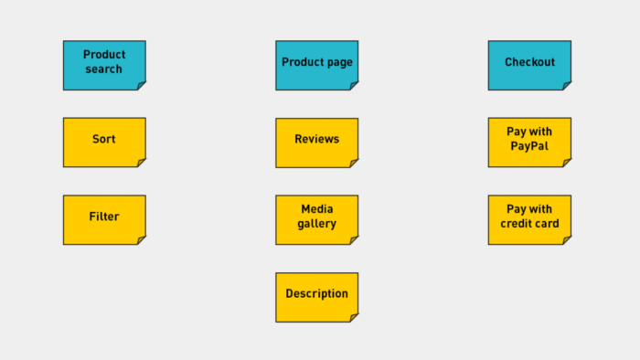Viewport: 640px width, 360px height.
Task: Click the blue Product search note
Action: click(104, 65)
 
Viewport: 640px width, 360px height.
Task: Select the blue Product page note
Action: click(316, 65)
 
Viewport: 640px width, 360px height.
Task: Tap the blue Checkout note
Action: click(529, 65)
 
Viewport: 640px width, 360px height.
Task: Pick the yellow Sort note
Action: click(104, 142)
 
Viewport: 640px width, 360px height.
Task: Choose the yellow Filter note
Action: click(104, 219)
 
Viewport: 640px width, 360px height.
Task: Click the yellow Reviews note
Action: click(316, 142)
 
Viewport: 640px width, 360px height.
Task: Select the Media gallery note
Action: click(316, 219)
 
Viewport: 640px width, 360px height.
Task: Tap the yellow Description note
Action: click(316, 296)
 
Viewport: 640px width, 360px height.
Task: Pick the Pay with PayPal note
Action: click(529, 142)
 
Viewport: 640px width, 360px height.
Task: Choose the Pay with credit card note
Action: click(529, 219)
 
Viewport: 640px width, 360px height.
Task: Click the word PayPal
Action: click(529, 146)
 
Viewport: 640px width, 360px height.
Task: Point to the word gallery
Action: click(317, 224)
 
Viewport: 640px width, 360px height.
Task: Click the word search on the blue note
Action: click(104, 69)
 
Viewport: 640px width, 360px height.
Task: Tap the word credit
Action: click(517, 224)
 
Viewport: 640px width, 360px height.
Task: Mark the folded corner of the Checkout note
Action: click(567, 86)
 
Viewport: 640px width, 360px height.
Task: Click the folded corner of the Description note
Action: click(354, 318)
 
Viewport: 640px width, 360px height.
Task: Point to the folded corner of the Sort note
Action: click(142, 163)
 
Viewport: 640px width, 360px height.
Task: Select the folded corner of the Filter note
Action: click(142, 240)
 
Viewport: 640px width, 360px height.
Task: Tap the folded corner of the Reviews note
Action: click(354, 163)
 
